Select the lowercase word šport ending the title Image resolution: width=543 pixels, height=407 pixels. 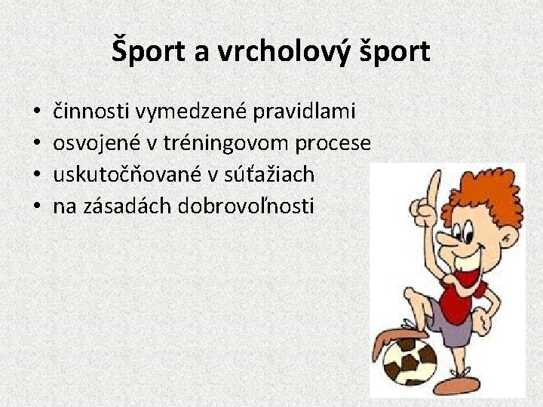click(393, 52)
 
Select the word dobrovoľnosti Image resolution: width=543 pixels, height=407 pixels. click(247, 206)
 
